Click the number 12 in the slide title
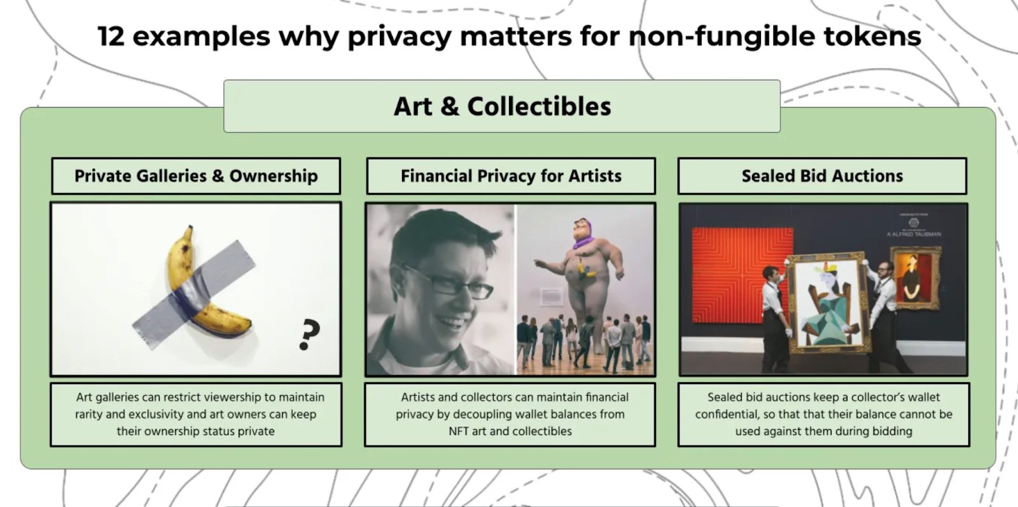pyautogui.click(x=111, y=36)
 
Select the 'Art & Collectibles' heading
pyautogui.click(x=502, y=106)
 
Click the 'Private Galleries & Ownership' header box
pyautogui.click(x=196, y=176)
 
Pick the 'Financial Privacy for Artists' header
pyautogui.click(x=511, y=176)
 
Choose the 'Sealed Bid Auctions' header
pyautogui.click(x=822, y=176)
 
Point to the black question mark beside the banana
pyautogui.click(x=310, y=334)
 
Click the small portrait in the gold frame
pyautogui.click(x=915, y=277)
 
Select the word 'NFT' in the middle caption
pyautogui.click(x=459, y=431)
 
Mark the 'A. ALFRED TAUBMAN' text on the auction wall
pyautogui.click(x=914, y=234)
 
